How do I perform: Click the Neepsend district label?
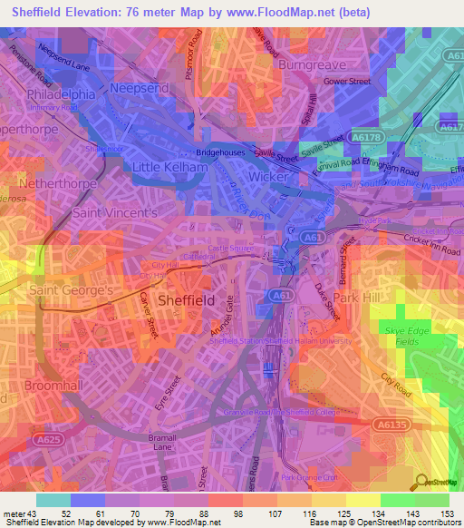(140, 88)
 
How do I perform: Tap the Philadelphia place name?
(62, 93)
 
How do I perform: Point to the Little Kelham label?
(165, 167)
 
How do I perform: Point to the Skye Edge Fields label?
(405, 335)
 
